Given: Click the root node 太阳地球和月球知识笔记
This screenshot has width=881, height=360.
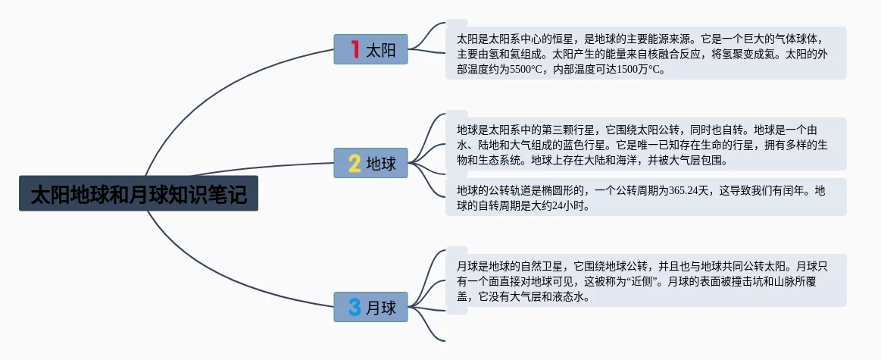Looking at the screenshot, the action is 139,194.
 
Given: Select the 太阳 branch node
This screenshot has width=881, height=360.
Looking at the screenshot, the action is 371,50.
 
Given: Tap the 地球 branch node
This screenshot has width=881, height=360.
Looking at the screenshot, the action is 371,163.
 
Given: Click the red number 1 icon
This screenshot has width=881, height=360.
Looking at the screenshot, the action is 355,50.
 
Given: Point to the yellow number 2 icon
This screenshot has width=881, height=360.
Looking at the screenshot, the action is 355,163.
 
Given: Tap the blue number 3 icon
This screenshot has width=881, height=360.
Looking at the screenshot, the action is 355,307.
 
